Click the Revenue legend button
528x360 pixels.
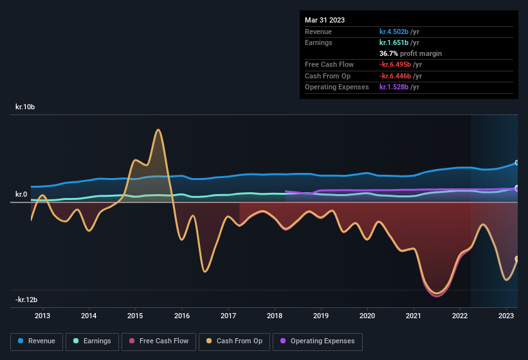point(37,341)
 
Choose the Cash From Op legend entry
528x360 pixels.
point(235,341)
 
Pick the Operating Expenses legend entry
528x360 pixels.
point(318,341)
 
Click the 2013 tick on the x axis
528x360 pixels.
point(42,316)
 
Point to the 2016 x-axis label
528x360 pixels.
point(182,316)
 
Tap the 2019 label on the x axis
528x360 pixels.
point(321,316)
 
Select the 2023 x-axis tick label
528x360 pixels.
point(507,316)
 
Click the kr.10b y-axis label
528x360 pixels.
point(25,107)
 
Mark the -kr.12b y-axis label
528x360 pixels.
point(26,300)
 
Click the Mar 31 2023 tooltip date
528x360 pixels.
point(325,20)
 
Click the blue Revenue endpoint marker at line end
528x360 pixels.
point(517,163)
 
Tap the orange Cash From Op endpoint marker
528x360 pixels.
point(517,258)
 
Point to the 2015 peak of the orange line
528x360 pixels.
point(158,130)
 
